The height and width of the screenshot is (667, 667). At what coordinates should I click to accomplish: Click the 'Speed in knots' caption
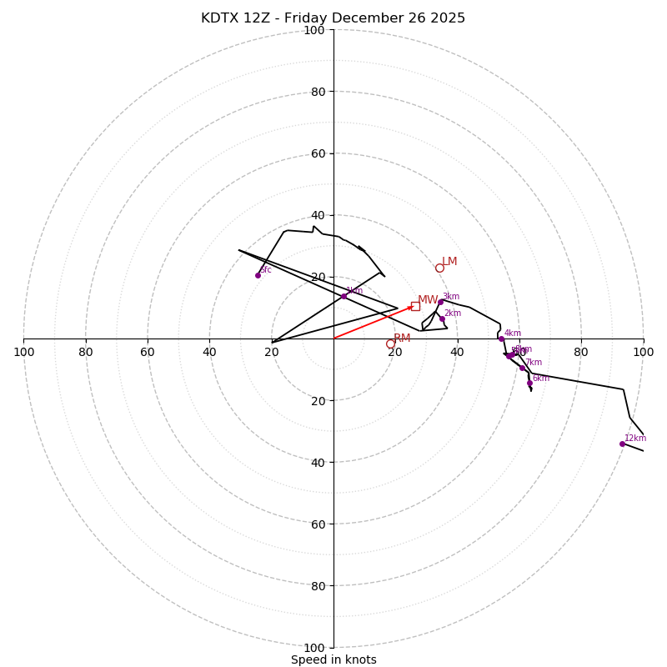[333, 659]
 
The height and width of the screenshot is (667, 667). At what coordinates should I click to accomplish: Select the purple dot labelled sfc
[258, 275]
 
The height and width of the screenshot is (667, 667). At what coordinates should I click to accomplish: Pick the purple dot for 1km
[344, 296]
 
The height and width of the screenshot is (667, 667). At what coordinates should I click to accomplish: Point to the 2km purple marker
[442, 318]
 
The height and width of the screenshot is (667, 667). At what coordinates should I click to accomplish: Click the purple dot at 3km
[441, 302]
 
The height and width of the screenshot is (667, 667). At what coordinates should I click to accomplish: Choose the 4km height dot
[501, 339]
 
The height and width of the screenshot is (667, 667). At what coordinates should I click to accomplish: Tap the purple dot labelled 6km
[529, 384]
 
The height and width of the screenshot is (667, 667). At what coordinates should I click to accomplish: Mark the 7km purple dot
[523, 368]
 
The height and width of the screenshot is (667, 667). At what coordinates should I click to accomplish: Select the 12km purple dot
[622, 444]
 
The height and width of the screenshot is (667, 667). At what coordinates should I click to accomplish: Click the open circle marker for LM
[439, 268]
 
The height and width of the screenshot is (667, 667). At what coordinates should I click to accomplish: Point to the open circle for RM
[390, 344]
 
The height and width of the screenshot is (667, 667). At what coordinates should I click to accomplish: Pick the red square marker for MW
[415, 306]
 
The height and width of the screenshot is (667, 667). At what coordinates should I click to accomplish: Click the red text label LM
[449, 261]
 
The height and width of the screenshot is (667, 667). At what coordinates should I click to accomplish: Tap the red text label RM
[402, 338]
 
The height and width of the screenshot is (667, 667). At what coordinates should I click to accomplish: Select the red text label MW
[428, 299]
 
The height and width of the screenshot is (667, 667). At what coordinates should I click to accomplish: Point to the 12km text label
[635, 438]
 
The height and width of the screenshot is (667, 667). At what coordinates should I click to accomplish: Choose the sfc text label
[266, 269]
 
